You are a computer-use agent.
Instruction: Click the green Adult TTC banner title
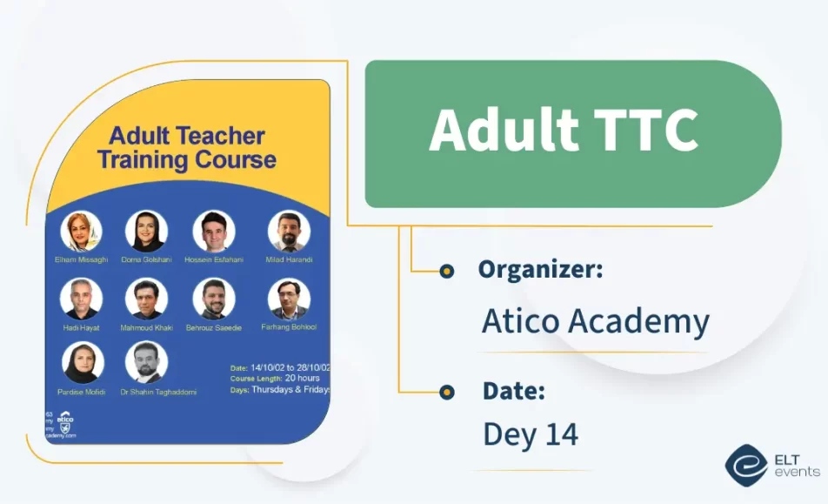click(564, 131)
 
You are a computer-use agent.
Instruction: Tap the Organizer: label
click(540, 270)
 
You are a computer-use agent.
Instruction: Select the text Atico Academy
click(595, 321)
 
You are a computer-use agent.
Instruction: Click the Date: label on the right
click(513, 392)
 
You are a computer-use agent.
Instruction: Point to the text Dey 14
click(530, 433)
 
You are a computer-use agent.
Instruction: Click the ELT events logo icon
click(745, 465)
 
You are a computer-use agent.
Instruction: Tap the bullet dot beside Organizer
click(447, 272)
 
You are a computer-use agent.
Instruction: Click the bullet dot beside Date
click(447, 393)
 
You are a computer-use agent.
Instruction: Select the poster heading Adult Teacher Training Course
click(186, 148)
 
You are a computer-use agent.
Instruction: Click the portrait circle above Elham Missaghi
click(81, 231)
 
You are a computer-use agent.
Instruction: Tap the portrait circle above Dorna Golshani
click(146, 231)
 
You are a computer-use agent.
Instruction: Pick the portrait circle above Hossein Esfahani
click(214, 231)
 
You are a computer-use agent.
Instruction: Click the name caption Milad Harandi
click(289, 259)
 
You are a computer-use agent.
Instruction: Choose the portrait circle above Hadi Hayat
click(81, 299)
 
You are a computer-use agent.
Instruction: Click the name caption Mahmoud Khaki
click(148, 327)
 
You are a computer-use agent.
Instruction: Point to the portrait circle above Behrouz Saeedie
click(214, 299)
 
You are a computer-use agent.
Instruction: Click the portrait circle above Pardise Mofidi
click(83, 362)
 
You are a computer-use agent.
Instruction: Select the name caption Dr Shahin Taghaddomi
click(160, 392)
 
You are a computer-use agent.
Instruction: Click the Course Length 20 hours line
click(275, 378)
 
